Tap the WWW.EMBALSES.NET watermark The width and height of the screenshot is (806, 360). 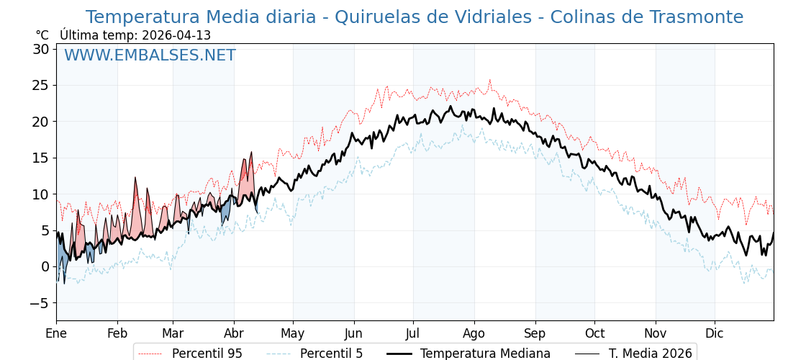[x=150, y=55]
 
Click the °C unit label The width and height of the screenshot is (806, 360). [x=42, y=35]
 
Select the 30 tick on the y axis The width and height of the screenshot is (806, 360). [x=40, y=49]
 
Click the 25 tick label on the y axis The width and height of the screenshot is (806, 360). [x=40, y=85]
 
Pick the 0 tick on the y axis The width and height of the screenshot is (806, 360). [x=45, y=266]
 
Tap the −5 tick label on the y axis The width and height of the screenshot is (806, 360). [x=39, y=303]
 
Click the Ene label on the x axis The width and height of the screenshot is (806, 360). [x=56, y=333]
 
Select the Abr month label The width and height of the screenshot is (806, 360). [x=234, y=333]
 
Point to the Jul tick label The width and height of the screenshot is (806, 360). [x=413, y=333]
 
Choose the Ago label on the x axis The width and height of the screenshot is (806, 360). [x=474, y=333]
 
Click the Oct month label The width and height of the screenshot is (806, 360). [x=594, y=333]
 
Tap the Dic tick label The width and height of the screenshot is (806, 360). [x=715, y=333]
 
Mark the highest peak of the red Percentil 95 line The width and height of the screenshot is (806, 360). [x=490, y=80]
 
